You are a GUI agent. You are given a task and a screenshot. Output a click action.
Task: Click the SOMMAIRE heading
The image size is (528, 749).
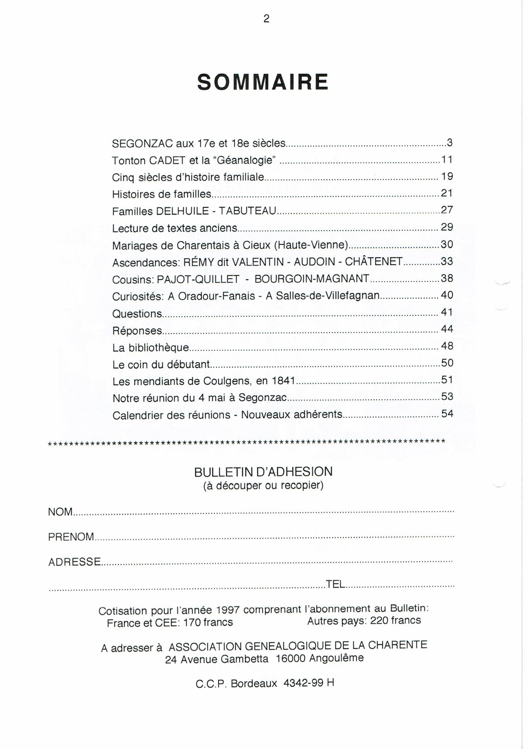click(263, 82)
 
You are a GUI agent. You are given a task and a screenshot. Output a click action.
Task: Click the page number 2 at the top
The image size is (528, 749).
click(266, 18)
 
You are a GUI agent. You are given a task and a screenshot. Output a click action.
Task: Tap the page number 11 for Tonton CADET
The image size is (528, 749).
click(447, 160)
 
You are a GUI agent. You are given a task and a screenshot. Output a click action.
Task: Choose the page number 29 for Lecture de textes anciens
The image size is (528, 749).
click(447, 227)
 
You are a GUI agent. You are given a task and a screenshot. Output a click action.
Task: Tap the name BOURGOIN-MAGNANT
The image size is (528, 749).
click(312, 279)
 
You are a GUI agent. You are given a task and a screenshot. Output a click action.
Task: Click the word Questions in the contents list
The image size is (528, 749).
click(137, 314)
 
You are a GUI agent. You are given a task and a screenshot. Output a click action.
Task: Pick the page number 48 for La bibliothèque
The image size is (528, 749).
click(447, 346)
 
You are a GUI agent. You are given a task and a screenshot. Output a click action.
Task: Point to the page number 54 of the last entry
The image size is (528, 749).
click(447, 413)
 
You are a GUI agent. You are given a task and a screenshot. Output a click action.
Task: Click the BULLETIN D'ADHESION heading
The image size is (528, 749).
click(263, 472)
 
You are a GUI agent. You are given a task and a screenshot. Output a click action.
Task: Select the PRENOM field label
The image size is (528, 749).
click(71, 537)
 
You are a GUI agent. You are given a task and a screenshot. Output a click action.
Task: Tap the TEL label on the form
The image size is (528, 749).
click(336, 584)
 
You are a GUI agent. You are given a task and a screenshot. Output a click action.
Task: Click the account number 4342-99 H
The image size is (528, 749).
click(309, 683)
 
